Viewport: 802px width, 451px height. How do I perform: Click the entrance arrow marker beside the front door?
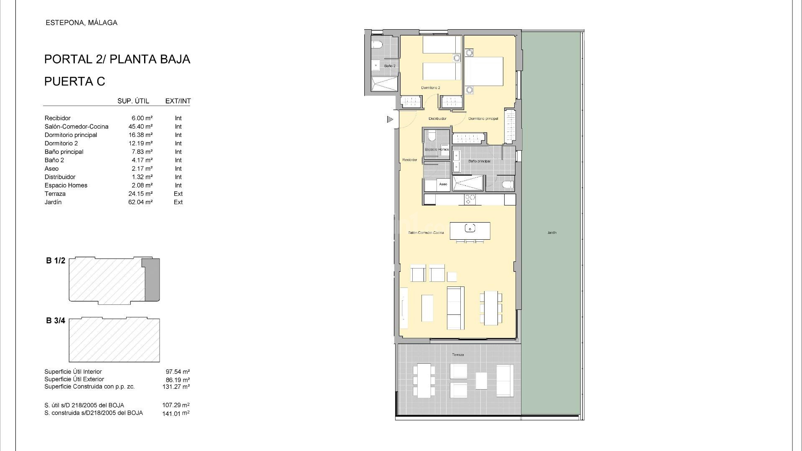click(x=390, y=119)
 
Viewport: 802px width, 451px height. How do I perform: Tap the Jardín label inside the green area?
click(x=552, y=233)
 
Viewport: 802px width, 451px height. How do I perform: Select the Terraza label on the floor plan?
click(x=457, y=355)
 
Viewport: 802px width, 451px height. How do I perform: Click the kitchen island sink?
click(x=470, y=228)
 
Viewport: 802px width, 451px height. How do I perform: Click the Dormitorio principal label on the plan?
click(x=483, y=119)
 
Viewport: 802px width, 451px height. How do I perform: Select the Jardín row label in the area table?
click(x=53, y=202)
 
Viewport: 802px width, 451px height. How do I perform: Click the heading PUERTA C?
click(x=75, y=81)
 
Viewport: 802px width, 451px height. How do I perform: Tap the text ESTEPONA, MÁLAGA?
click(x=81, y=23)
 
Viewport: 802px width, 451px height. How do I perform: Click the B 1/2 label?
click(x=56, y=261)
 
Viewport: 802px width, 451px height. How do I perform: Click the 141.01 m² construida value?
click(x=175, y=414)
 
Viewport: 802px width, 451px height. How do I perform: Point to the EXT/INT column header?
click(x=178, y=101)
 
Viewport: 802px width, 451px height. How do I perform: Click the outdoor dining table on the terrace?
click(x=424, y=381)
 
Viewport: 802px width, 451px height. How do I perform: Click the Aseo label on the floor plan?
click(x=443, y=184)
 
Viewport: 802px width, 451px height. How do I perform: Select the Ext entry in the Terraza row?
click(x=178, y=194)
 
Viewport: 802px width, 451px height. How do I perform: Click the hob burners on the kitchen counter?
click(x=470, y=199)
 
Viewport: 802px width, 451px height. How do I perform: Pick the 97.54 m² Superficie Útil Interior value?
click(x=178, y=372)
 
